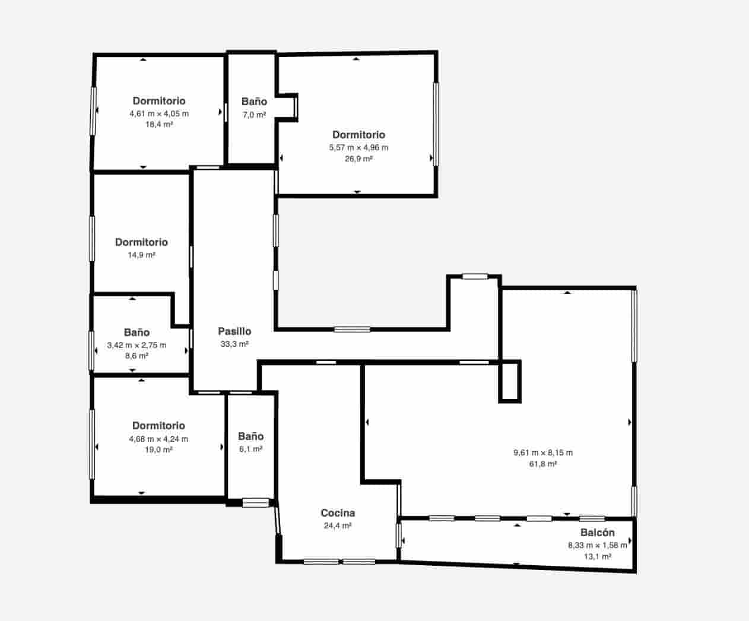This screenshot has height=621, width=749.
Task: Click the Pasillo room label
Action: [x=234, y=331]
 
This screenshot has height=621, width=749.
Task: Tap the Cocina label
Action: [x=338, y=513]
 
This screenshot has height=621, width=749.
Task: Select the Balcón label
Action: [x=597, y=533]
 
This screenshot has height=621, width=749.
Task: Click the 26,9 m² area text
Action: [x=358, y=159]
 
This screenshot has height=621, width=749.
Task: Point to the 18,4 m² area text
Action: [x=159, y=125]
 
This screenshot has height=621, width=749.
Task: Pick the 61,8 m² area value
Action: [x=542, y=464]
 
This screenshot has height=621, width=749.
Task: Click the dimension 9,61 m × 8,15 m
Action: [x=542, y=453]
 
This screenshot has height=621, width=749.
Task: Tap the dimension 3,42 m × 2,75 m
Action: [x=137, y=345]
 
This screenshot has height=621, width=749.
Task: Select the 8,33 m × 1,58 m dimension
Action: [x=597, y=546]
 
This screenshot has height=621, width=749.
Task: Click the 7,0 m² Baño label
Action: [x=254, y=102]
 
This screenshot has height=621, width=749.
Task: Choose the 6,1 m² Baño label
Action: [x=250, y=436]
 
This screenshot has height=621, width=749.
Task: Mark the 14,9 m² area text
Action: [x=141, y=255]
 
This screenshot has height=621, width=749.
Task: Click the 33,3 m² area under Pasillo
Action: [x=234, y=344]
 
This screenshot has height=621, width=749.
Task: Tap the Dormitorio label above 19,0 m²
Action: [x=158, y=426]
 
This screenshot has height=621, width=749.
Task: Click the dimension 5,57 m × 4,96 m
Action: [x=358, y=148]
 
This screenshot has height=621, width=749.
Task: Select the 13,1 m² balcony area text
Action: [x=597, y=557]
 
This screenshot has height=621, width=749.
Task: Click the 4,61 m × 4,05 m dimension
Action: [x=159, y=113]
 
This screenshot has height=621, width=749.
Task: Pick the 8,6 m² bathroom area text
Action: [x=137, y=356]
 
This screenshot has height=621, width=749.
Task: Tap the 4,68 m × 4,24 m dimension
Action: [x=158, y=439]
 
